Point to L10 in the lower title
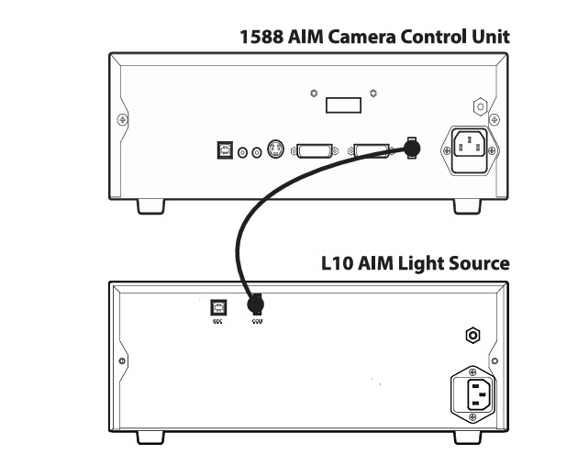point(336,263)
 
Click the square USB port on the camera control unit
point(224,150)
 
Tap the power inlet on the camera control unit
point(472,148)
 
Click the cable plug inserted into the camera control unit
point(412,147)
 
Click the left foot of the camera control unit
point(151,206)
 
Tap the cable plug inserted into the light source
point(257,304)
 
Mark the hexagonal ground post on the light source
point(472,336)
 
